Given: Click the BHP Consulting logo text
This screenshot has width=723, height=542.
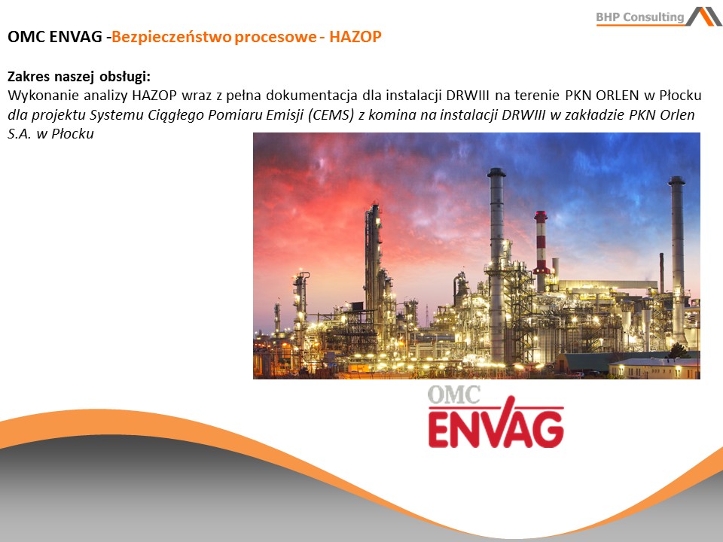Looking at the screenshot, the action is click(640, 17).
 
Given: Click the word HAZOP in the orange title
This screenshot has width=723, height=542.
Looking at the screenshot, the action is click(355, 37).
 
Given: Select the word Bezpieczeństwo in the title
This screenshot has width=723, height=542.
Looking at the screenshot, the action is click(171, 37).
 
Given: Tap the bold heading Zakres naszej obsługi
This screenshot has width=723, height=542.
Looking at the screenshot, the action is click(79, 77).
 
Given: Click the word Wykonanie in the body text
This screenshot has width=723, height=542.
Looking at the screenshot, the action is click(44, 96).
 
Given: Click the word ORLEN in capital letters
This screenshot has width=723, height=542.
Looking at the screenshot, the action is click(618, 96).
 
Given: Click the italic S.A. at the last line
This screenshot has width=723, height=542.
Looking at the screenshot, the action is click(19, 134).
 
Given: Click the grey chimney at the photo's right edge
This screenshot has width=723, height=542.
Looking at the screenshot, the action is click(678, 258).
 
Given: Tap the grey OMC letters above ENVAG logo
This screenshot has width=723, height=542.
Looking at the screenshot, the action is click(453, 394).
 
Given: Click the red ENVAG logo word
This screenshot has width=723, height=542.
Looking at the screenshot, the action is click(496, 426).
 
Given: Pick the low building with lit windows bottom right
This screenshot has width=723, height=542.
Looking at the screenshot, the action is click(654, 369).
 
